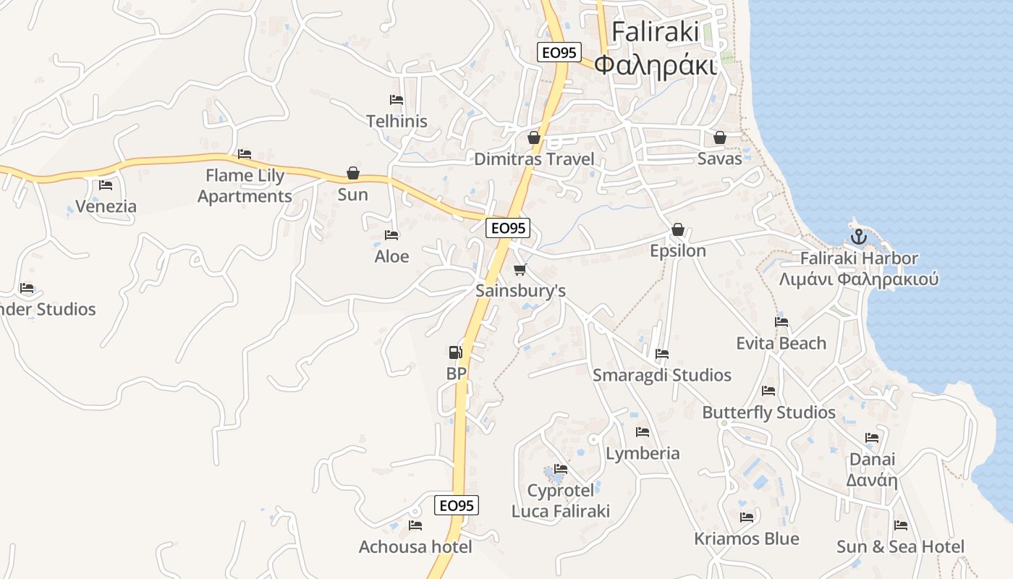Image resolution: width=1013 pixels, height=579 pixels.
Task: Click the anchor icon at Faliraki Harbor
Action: coord(858,236)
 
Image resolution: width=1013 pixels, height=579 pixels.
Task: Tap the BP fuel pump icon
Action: coord(455,352)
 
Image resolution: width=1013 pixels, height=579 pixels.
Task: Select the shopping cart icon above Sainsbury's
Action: coord(520,270)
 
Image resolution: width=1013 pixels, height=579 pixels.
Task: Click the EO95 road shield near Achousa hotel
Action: coord(457,505)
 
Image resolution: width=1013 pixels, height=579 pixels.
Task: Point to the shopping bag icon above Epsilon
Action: coord(678,229)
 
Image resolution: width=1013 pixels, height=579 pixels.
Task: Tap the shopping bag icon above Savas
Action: coord(720,138)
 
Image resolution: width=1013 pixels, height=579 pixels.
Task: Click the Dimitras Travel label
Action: coord(534,159)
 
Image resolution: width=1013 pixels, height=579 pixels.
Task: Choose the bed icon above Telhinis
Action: coord(397,100)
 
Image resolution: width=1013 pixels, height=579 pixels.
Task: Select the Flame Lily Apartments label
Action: coord(245,186)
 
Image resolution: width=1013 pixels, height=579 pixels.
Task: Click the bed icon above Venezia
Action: coord(106,185)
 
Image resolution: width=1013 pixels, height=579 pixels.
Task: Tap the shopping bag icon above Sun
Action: coord(353,173)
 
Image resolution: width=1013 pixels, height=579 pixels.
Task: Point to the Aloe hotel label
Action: coord(391,256)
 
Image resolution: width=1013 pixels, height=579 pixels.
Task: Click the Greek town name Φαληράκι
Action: coord(655,65)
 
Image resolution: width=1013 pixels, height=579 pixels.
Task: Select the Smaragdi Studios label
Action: coord(661,375)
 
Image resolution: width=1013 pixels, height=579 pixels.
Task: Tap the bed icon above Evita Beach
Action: coord(781,322)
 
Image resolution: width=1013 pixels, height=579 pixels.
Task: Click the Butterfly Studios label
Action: coord(768,413)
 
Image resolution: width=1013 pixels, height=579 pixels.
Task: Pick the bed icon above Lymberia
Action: coord(643,432)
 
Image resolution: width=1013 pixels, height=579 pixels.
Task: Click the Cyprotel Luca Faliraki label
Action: coord(561,501)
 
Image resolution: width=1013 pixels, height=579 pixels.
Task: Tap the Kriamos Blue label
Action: coord(747,538)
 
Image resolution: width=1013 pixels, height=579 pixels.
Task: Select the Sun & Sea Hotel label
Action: coord(900,546)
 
